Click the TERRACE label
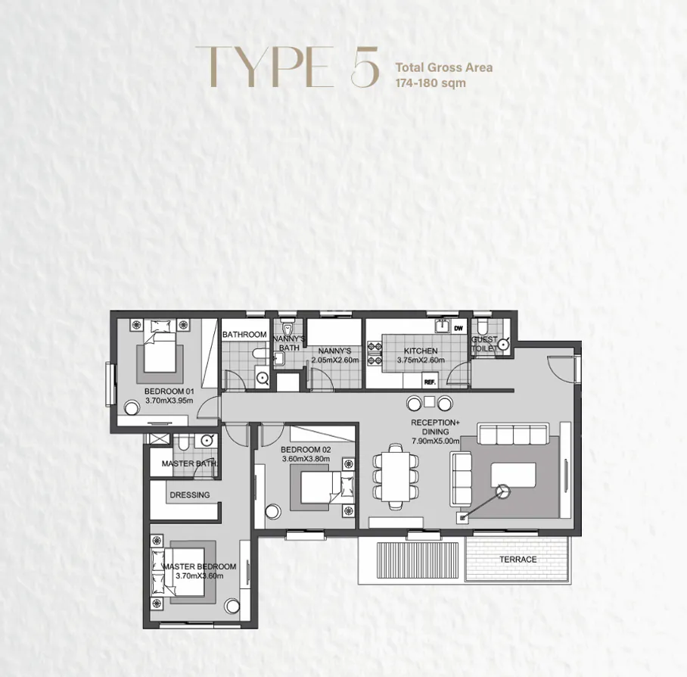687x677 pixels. tap(518, 560)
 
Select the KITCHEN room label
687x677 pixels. tap(420, 351)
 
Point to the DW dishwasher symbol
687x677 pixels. tap(458, 328)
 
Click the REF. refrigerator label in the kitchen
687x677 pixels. tap(431, 382)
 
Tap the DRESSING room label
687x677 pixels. tap(189, 495)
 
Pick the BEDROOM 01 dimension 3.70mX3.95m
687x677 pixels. tap(169, 401)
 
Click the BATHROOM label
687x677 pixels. tap(244, 335)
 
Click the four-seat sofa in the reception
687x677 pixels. tap(514, 435)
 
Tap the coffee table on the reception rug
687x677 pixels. tap(513, 476)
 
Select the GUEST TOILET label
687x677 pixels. tap(485, 345)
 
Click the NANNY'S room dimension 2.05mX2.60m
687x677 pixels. tap(334, 360)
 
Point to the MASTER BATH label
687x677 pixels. tap(188, 463)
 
